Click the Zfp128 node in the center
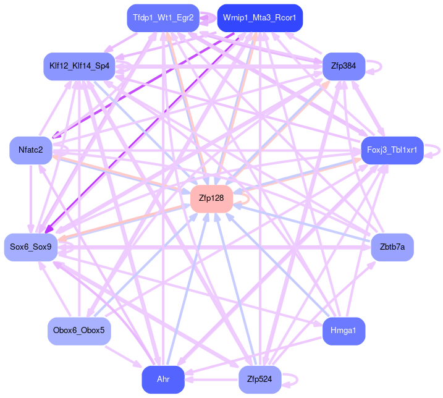(x=211, y=198)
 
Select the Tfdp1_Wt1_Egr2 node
(x=162, y=17)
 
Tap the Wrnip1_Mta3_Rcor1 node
(x=259, y=17)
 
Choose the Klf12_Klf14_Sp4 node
(x=79, y=66)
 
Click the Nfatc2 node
(x=30, y=150)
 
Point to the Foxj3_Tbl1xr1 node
(x=392, y=150)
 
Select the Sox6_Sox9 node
(x=31, y=247)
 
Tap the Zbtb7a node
(x=392, y=247)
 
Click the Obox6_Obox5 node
(x=79, y=331)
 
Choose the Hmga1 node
(x=344, y=331)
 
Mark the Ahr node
(x=162, y=379)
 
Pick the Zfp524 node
(x=259, y=379)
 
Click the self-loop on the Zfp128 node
(x=246, y=198)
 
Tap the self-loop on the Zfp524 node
(x=295, y=379)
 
